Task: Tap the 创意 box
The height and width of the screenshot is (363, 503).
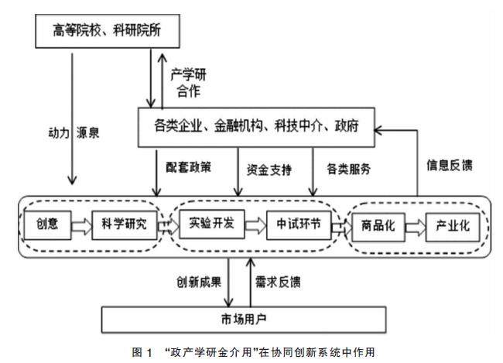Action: pos(46,225)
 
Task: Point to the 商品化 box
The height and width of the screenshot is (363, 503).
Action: pos(378,226)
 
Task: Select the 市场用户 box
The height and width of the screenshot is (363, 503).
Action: pos(242,318)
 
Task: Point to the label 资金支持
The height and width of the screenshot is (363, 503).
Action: pos(269,168)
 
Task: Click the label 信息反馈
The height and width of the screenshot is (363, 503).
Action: pos(450,165)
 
